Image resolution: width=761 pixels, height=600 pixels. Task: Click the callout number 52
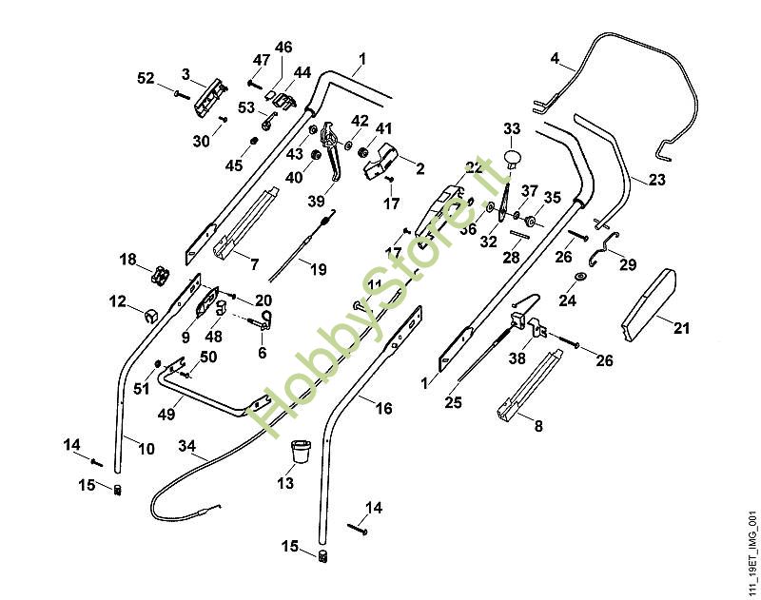pyautogui.click(x=146, y=79)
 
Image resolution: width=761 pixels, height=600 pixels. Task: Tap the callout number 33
pyautogui.click(x=512, y=128)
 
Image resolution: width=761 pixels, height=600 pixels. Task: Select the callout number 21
pyautogui.click(x=680, y=328)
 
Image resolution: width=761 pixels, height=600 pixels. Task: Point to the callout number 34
pyautogui.click(x=186, y=445)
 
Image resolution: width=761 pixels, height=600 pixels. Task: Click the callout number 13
pyautogui.click(x=284, y=484)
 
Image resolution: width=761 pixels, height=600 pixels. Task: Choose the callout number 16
pyautogui.click(x=383, y=408)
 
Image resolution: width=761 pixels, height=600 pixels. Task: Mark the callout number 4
pyautogui.click(x=556, y=59)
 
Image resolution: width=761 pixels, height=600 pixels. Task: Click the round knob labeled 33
pyautogui.click(x=514, y=155)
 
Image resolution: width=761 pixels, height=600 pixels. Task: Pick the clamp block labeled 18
pyautogui.click(x=158, y=274)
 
